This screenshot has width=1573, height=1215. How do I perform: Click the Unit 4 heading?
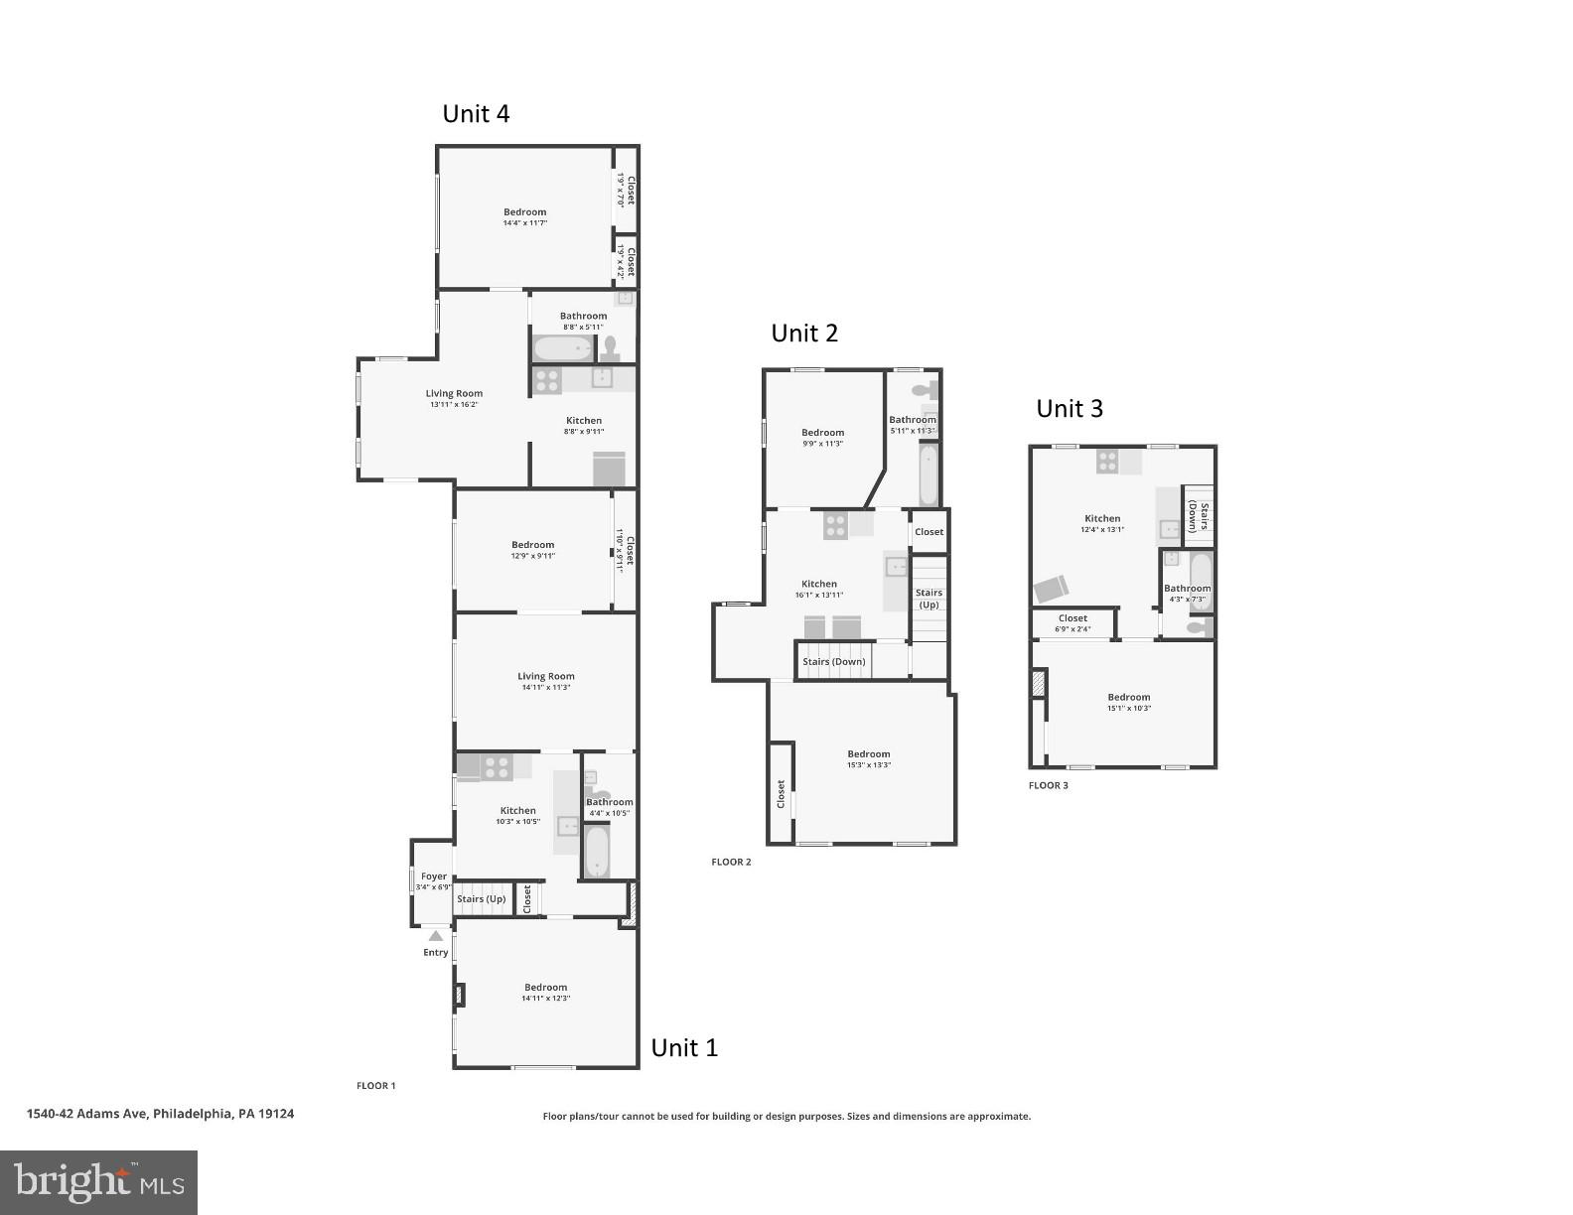pos(476,114)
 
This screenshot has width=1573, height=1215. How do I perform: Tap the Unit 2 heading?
pos(804,334)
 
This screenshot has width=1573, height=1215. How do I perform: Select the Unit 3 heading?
pos(1070,409)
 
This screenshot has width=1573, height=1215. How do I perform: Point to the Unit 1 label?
pos(684,1048)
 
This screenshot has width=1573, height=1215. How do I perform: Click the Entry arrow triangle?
pos(435,935)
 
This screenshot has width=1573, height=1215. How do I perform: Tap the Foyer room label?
pos(434,877)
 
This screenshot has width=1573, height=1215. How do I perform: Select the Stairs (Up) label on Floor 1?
pos(481,899)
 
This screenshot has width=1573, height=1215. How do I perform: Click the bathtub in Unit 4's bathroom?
pos(563,348)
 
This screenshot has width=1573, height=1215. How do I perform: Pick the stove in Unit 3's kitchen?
pos(1107,462)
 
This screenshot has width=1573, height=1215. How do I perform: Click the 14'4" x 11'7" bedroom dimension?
pos(524,223)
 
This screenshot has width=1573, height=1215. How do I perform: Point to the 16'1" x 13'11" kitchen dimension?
pos(819,596)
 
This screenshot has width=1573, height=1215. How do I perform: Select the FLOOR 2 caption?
pos(731,862)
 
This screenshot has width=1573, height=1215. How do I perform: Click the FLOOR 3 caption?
pos(1048,785)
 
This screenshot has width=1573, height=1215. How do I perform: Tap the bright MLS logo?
pos(98,1182)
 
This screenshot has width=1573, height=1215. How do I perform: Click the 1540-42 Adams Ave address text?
pos(160,1114)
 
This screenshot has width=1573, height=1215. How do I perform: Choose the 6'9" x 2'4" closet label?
pos(1072,628)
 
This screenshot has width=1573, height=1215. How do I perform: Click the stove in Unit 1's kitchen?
pos(497,767)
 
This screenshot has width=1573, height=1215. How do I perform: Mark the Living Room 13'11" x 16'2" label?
pos(454,399)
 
